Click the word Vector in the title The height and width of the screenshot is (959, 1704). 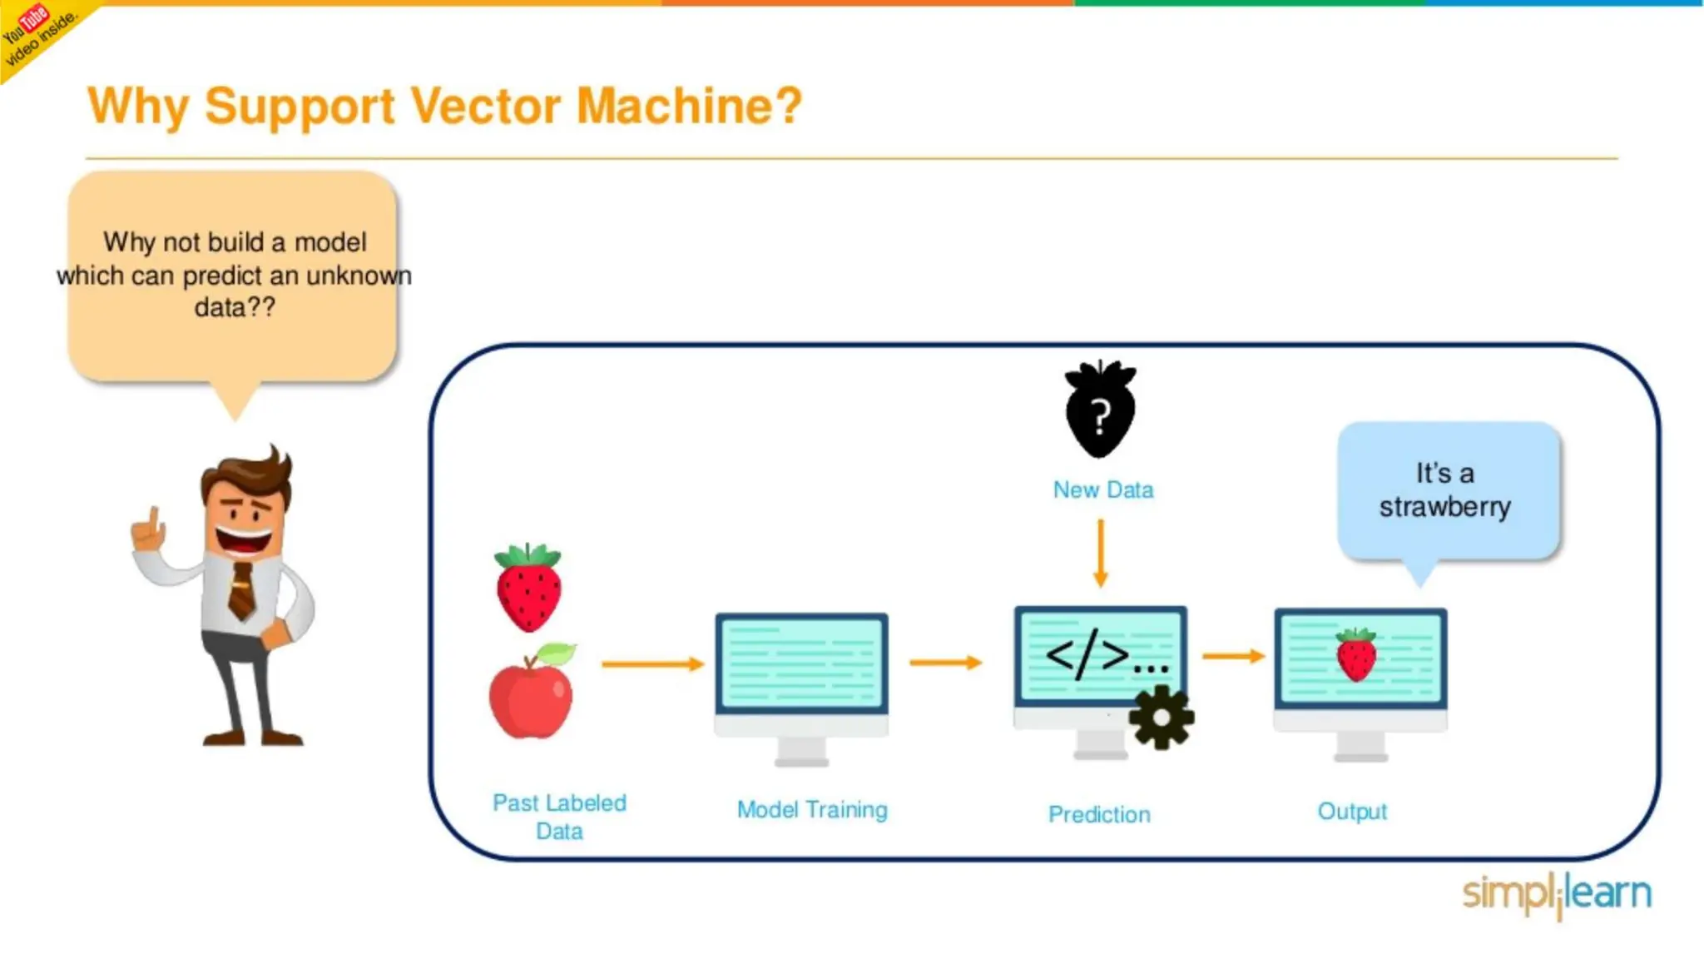[x=486, y=107]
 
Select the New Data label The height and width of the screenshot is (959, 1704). [x=1103, y=489]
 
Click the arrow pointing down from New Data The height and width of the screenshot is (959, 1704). [x=1101, y=553]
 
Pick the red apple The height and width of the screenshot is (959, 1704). [x=531, y=695]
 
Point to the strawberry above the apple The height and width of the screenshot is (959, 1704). [x=528, y=588]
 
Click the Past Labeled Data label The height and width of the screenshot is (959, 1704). [x=559, y=816]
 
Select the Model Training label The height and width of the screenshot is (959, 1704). [x=812, y=809]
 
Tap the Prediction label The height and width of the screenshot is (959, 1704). [x=1099, y=814]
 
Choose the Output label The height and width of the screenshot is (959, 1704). [x=1352, y=811]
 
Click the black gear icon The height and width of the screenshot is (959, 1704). [x=1162, y=717]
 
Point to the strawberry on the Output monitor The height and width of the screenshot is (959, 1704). [x=1356, y=655]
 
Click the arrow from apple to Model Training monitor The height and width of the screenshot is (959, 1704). [x=652, y=663]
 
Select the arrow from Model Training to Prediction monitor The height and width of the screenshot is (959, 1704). [x=946, y=663]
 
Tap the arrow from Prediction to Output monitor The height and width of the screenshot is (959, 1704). [x=1233, y=656]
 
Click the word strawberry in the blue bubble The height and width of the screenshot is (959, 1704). [x=1444, y=506]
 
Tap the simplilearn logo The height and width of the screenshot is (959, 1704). [x=1557, y=894]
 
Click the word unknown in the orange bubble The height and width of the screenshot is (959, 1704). [x=359, y=276]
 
